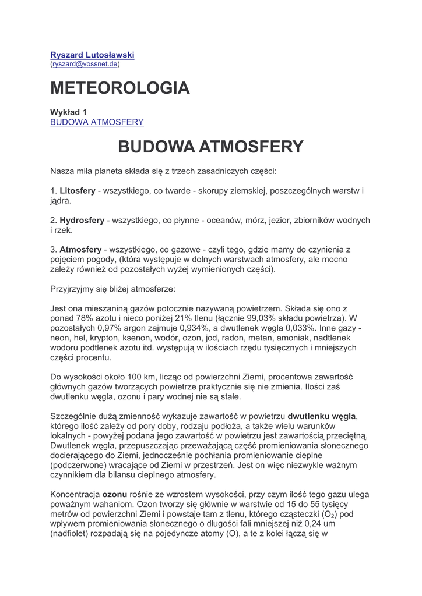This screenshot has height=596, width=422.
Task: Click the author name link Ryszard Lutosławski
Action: click(x=92, y=55)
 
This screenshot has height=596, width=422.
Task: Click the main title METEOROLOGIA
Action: click(x=120, y=88)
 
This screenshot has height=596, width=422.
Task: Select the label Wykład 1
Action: click(x=68, y=112)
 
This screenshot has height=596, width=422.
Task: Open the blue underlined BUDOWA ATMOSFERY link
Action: click(x=97, y=122)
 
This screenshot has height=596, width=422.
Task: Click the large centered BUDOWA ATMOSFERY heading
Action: click(x=210, y=147)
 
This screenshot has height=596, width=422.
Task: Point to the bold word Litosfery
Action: click(x=78, y=191)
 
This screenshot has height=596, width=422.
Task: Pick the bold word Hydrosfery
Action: click(x=82, y=221)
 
